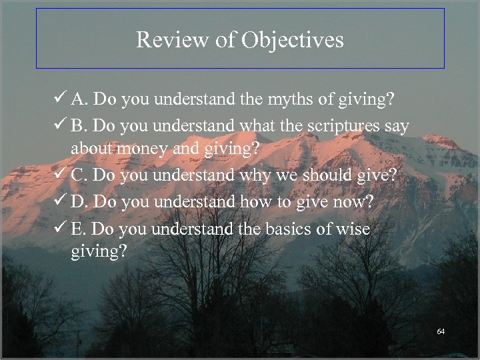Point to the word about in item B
click(92, 148)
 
